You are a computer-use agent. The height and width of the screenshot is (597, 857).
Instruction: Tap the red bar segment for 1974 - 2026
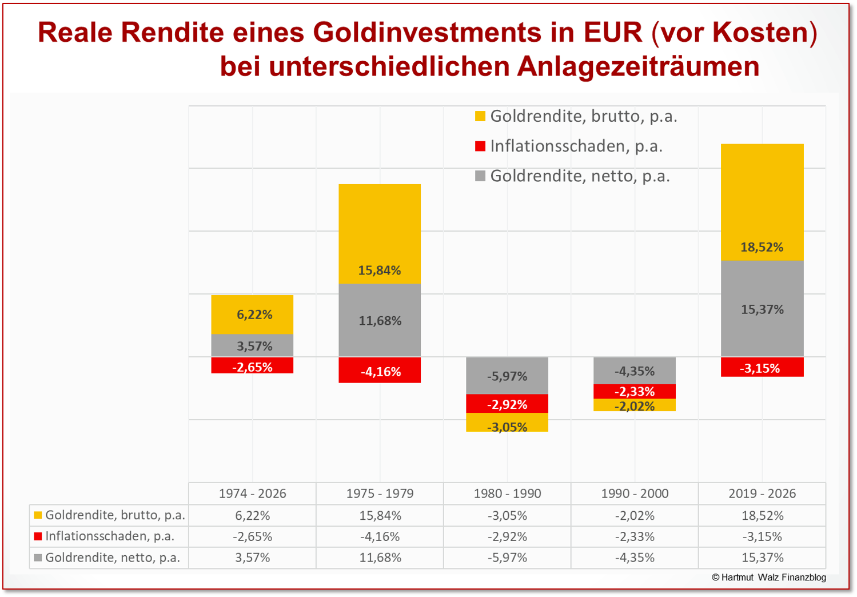click(x=252, y=366)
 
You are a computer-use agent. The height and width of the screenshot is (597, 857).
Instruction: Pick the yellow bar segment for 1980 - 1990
click(x=507, y=423)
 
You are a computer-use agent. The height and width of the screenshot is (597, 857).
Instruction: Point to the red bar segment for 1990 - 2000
click(x=635, y=392)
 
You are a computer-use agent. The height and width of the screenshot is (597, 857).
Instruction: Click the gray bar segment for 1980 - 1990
click(x=507, y=376)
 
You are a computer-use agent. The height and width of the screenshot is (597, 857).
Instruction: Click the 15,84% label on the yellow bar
click(x=380, y=270)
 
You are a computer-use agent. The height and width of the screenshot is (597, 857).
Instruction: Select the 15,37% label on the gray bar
click(x=762, y=309)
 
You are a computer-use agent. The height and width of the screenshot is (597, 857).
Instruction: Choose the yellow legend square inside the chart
click(x=480, y=117)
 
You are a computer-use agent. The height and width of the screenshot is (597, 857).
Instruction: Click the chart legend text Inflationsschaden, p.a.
click(x=576, y=146)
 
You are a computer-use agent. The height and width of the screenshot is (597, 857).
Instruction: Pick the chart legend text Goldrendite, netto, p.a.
click(x=580, y=176)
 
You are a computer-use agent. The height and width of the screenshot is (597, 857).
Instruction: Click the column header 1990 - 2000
click(x=635, y=493)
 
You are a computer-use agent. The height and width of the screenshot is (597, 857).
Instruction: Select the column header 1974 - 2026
click(x=252, y=493)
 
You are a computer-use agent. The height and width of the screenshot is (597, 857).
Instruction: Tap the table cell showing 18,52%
click(x=762, y=515)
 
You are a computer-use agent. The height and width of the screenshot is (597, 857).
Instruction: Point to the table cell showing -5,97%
click(x=507, y=558)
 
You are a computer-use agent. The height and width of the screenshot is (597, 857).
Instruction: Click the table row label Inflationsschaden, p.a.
click(x=110, y=536)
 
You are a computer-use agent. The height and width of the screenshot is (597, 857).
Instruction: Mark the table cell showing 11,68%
click(x=380, y=558)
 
